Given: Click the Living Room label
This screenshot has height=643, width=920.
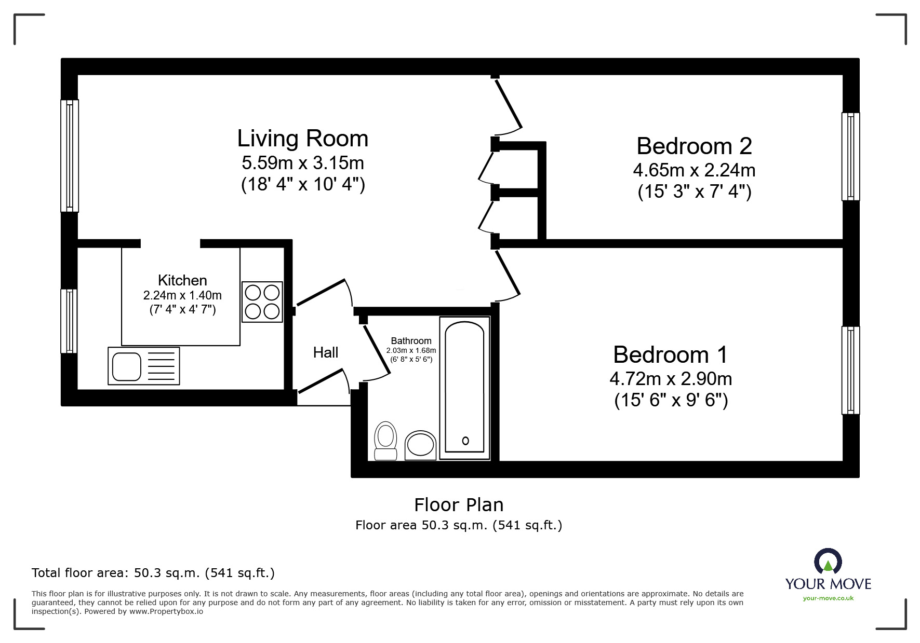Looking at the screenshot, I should coord(302,139).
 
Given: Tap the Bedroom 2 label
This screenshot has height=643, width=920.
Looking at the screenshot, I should coord(694,146).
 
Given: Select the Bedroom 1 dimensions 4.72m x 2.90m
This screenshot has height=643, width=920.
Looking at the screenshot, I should coord(671,379).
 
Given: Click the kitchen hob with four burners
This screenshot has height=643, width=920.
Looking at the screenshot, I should coord(262,302).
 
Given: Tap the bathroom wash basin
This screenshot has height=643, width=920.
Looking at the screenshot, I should coord(420,445).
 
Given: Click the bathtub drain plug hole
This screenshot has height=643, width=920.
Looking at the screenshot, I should coord(465,441).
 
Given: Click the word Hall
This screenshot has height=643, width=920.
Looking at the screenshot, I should coord(326,353).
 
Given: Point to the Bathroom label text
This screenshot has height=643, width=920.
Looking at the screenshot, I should coord(411,341).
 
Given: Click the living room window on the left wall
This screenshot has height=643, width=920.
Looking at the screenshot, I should coord(70,156).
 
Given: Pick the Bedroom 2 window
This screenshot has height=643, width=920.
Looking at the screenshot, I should coord(850,156).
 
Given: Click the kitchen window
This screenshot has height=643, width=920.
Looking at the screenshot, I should coord(69,321).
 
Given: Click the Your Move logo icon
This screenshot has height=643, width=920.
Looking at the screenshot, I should coord(828,562).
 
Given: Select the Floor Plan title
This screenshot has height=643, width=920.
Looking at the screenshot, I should coord(459,504).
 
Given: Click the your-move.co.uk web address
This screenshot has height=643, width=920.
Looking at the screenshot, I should coord(828,598).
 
